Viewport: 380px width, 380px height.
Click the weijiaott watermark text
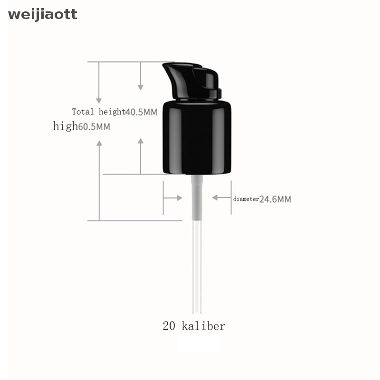click(42, 15)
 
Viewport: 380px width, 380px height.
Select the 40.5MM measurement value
click(141, 112)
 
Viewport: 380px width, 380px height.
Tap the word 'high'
click(65, 126)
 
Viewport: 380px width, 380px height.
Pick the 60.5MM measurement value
click(94, 127)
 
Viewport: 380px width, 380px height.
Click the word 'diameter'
click(246, 199)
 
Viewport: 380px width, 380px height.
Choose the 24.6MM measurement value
click(275, 199)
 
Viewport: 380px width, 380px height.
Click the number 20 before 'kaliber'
click(169, 326)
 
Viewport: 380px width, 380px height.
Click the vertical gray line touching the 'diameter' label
click(231, 197)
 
